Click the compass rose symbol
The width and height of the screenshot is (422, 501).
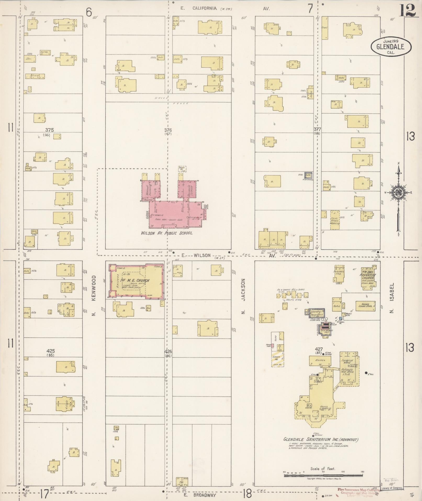coord(398,193)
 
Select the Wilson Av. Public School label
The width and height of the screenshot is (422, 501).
coord(167,233)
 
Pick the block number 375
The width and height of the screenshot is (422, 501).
coord(49,130)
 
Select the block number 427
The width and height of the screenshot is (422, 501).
coord(318,349)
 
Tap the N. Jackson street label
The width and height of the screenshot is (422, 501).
coord(243,296)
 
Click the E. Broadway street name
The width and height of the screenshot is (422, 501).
coord(200,495)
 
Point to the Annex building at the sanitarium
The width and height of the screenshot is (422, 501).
coord(320,360)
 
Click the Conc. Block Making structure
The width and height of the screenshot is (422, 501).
coord(335,220)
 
